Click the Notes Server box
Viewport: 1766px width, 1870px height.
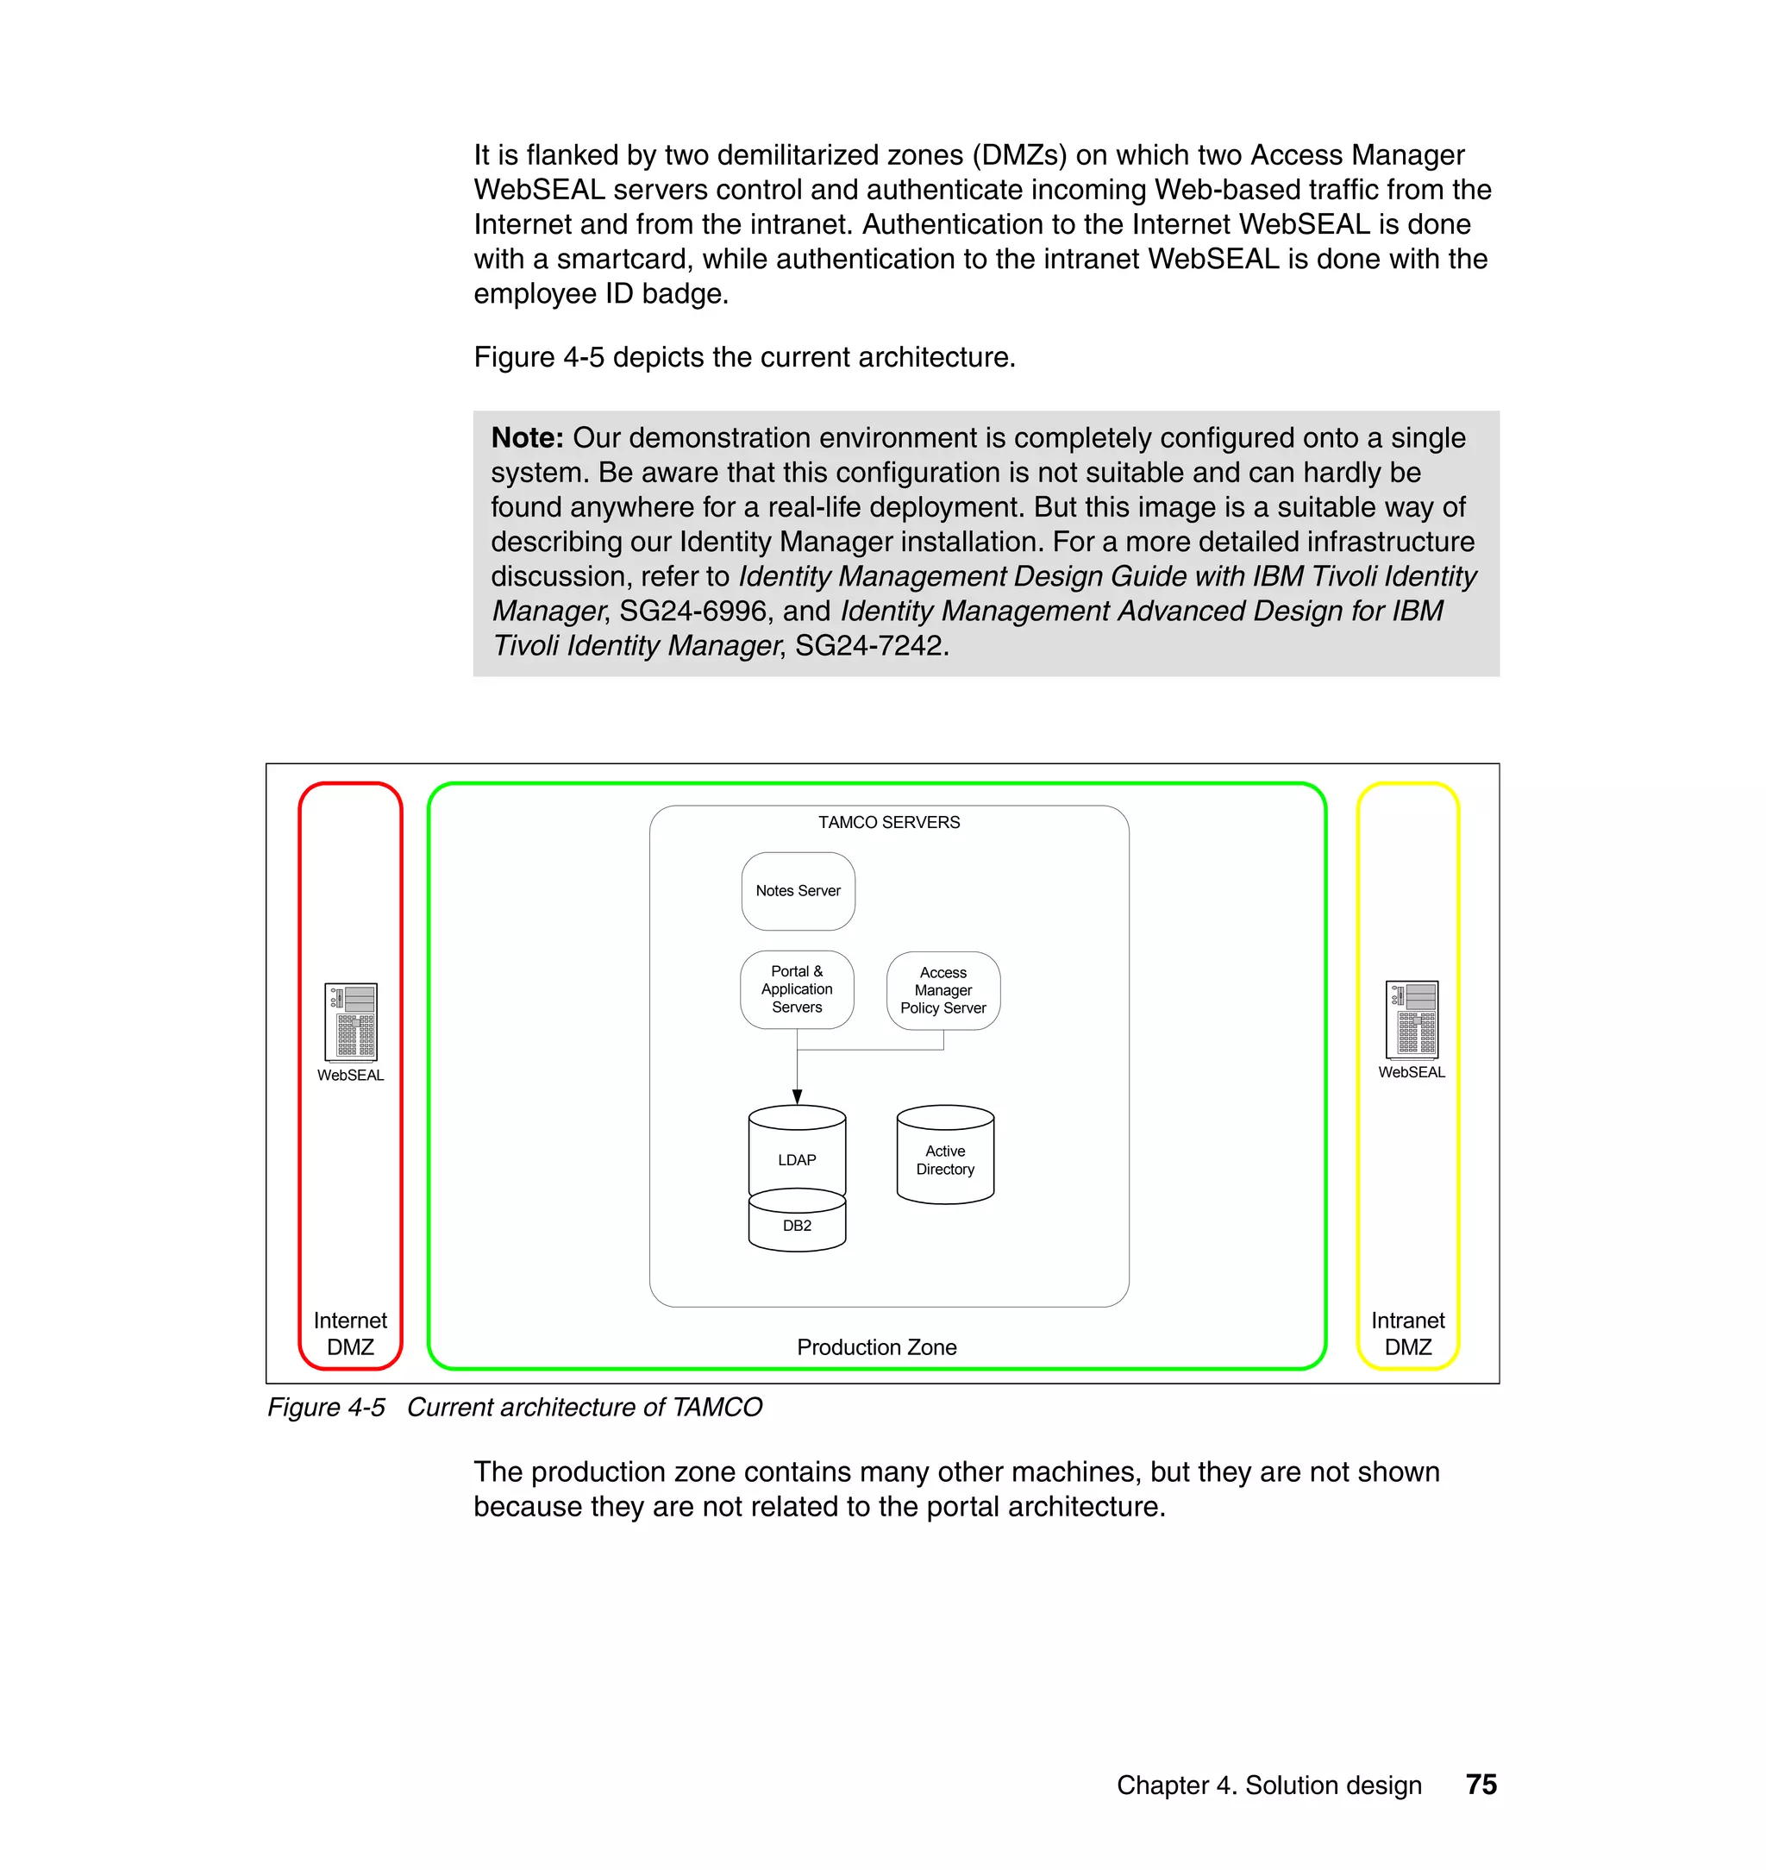click(798, 891)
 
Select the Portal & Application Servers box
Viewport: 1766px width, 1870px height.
click(797, 988)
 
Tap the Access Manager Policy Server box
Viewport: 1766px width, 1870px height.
click(942, 989)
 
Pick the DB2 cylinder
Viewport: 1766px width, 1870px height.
click(797, 1226)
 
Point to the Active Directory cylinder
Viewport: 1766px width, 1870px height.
click(944, 1159)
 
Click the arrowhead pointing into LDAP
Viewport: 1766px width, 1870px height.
click(797, 1096)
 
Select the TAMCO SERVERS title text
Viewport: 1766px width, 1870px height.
click(889, 822)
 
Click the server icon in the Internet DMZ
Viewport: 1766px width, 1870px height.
click(350, 1021)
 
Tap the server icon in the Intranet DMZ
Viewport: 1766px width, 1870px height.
click(1411, 1019)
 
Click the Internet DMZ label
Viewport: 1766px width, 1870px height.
click(350, 1333)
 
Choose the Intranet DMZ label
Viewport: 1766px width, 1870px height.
click(1407, 1333)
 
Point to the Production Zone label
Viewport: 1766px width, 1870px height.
click(876, 1347)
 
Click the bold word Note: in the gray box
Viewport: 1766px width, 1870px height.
click(527, 438)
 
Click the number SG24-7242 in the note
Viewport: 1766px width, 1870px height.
click(868, 646)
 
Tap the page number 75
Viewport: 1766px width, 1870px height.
click(1481, 1785)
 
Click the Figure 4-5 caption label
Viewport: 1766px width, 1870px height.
click(326, 1407)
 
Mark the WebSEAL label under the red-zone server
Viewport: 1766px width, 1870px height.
click(350, 1076)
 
